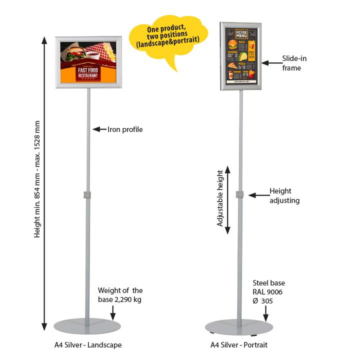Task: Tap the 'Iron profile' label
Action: pyautogui.click(x=125, y=129)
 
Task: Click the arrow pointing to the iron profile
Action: pyautogui.click(x=99, y=129)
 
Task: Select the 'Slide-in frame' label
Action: pyautogui.click(x=294, y=63)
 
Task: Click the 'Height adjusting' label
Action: pyautogui.click(x=284, y=195)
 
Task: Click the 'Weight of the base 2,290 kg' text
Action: pyautogui.click(x=120, y=295)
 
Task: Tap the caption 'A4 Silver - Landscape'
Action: pyautogui.click(x=88, y=345)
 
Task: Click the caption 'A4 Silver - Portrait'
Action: pyautogui.click(x=239, y=345)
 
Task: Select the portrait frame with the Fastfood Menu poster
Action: pyautogui.click(x=240, y=56)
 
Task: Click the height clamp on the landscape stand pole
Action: pyautogui.click(x=88, y=193)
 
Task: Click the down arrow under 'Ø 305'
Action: pyautogui.click(x=265, y=313)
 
